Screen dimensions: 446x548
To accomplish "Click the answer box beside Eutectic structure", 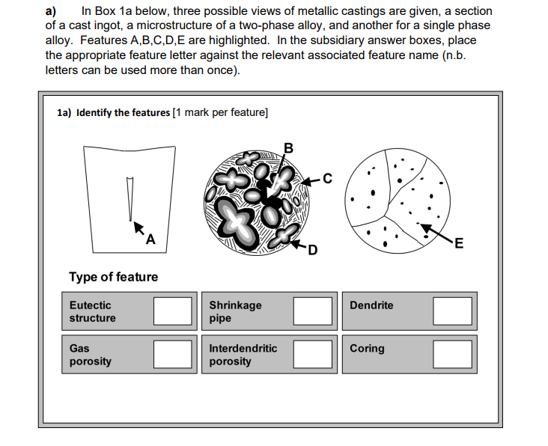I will (173, 311).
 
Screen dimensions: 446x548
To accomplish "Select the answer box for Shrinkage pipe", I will (313, 311).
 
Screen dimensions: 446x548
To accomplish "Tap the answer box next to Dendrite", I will (452, 311).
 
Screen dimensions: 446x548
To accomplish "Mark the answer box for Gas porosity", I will (173, 354).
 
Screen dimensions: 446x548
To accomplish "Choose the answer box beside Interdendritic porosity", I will (313, 354).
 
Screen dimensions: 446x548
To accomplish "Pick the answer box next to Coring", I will (452, 354).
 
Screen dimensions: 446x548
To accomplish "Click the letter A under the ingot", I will (151, 239).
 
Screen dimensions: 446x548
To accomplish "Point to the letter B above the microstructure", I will (289, 146).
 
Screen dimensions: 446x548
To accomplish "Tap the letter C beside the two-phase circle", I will (327, 177).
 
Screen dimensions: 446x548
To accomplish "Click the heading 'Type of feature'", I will (114, 277).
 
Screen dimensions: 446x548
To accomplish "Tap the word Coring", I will (367, 348).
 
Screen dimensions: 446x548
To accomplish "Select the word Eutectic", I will (90, 305).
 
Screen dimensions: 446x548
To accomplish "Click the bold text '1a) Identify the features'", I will (113, 112).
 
